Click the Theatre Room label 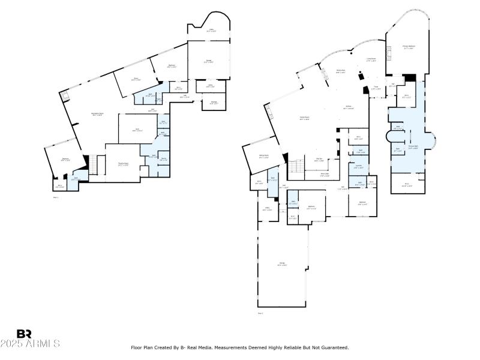124,163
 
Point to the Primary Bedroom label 409,47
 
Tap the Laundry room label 358,167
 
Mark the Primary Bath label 413,146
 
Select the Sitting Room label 263,157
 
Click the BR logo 24,334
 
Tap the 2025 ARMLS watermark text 30,344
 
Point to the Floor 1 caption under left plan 56,197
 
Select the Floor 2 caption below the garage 260,313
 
